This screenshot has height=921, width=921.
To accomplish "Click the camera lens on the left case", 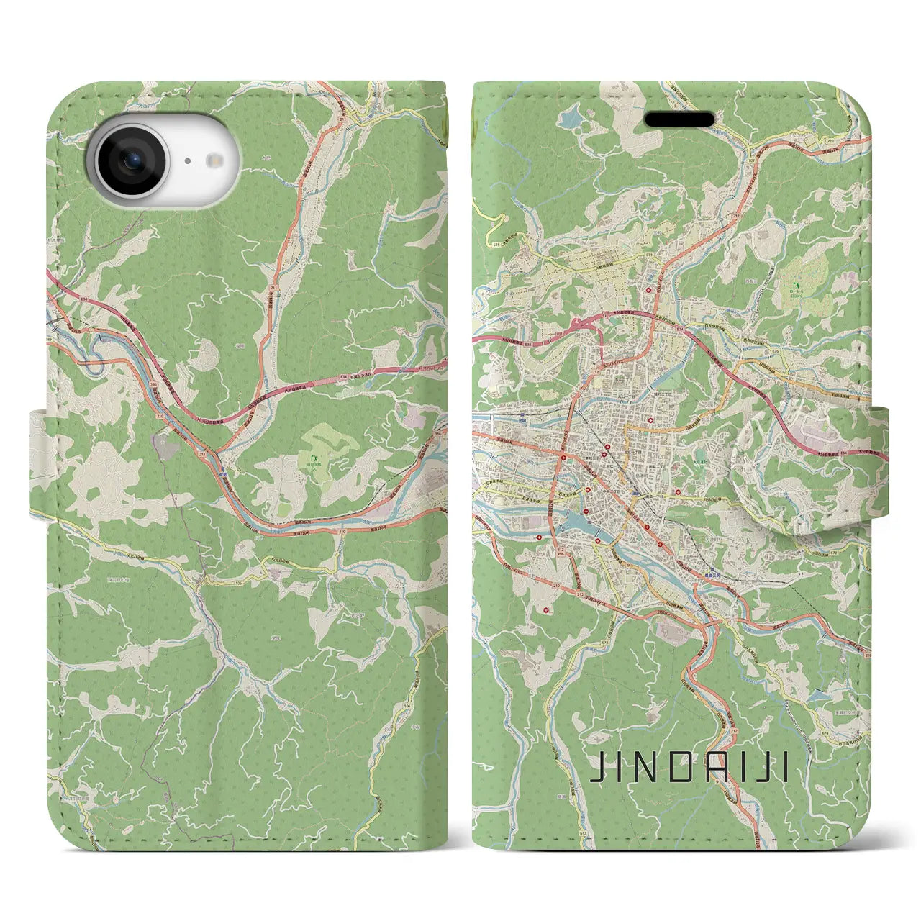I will [131, 161].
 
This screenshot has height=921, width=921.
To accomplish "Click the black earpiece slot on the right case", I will [679, 119].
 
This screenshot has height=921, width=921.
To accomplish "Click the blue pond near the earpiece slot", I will [573, 114].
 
